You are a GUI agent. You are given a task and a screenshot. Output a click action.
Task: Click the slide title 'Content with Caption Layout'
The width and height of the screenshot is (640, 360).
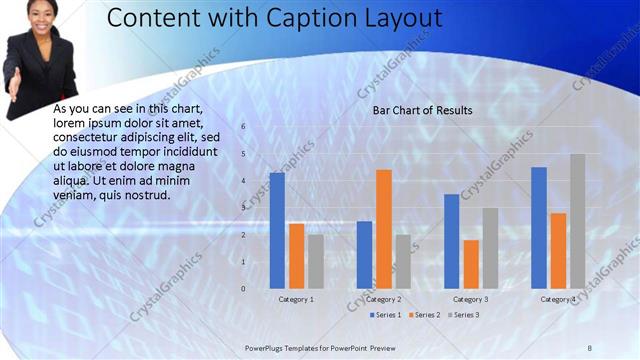point(274,18)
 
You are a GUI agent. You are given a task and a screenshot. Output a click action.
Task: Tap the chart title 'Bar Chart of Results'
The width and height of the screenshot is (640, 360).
point(422,110)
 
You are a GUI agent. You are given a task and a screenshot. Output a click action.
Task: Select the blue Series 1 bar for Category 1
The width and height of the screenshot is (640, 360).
point(277,231)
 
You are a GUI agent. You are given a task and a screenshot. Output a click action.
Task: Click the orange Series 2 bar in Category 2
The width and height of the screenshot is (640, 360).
point(383,229)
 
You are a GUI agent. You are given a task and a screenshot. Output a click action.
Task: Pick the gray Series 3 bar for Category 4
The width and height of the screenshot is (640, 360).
point(577,221)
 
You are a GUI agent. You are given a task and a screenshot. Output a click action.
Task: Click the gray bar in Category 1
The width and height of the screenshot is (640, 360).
point(315,261)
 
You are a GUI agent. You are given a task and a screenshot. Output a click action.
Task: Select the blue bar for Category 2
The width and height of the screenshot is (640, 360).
point(364,255)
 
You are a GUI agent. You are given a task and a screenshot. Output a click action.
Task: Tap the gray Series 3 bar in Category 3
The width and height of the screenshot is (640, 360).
point(490,248)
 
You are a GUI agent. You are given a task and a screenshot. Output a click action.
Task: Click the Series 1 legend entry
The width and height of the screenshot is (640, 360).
point(386,315)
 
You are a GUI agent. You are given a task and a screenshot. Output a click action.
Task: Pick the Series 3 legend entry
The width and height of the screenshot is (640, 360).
point(463,315)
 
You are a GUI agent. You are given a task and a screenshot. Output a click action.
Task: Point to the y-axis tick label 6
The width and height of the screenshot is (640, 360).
point(243,127)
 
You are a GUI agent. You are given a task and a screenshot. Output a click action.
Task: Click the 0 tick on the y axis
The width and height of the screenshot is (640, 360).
point(243,289)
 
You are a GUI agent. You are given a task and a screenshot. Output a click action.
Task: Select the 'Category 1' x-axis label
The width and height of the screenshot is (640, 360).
point(296,299)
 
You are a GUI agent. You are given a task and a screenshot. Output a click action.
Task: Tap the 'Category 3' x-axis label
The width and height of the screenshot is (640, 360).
point(471,299)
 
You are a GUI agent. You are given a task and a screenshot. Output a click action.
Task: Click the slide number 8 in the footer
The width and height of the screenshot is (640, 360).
point(589,347)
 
